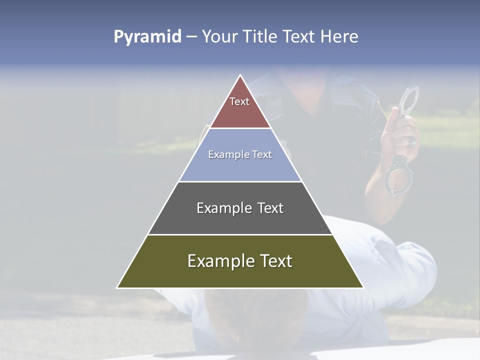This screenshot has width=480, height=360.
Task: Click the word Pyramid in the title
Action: coord(147,37)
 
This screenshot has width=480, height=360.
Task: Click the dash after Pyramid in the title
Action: coord(191,37)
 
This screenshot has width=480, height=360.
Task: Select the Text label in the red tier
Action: coord(239,101)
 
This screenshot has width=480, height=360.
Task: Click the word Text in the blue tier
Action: coord(262,155)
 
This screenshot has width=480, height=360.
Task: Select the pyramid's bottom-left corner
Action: coord(117,287)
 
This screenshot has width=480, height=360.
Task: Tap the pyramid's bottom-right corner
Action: coord(363,287)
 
